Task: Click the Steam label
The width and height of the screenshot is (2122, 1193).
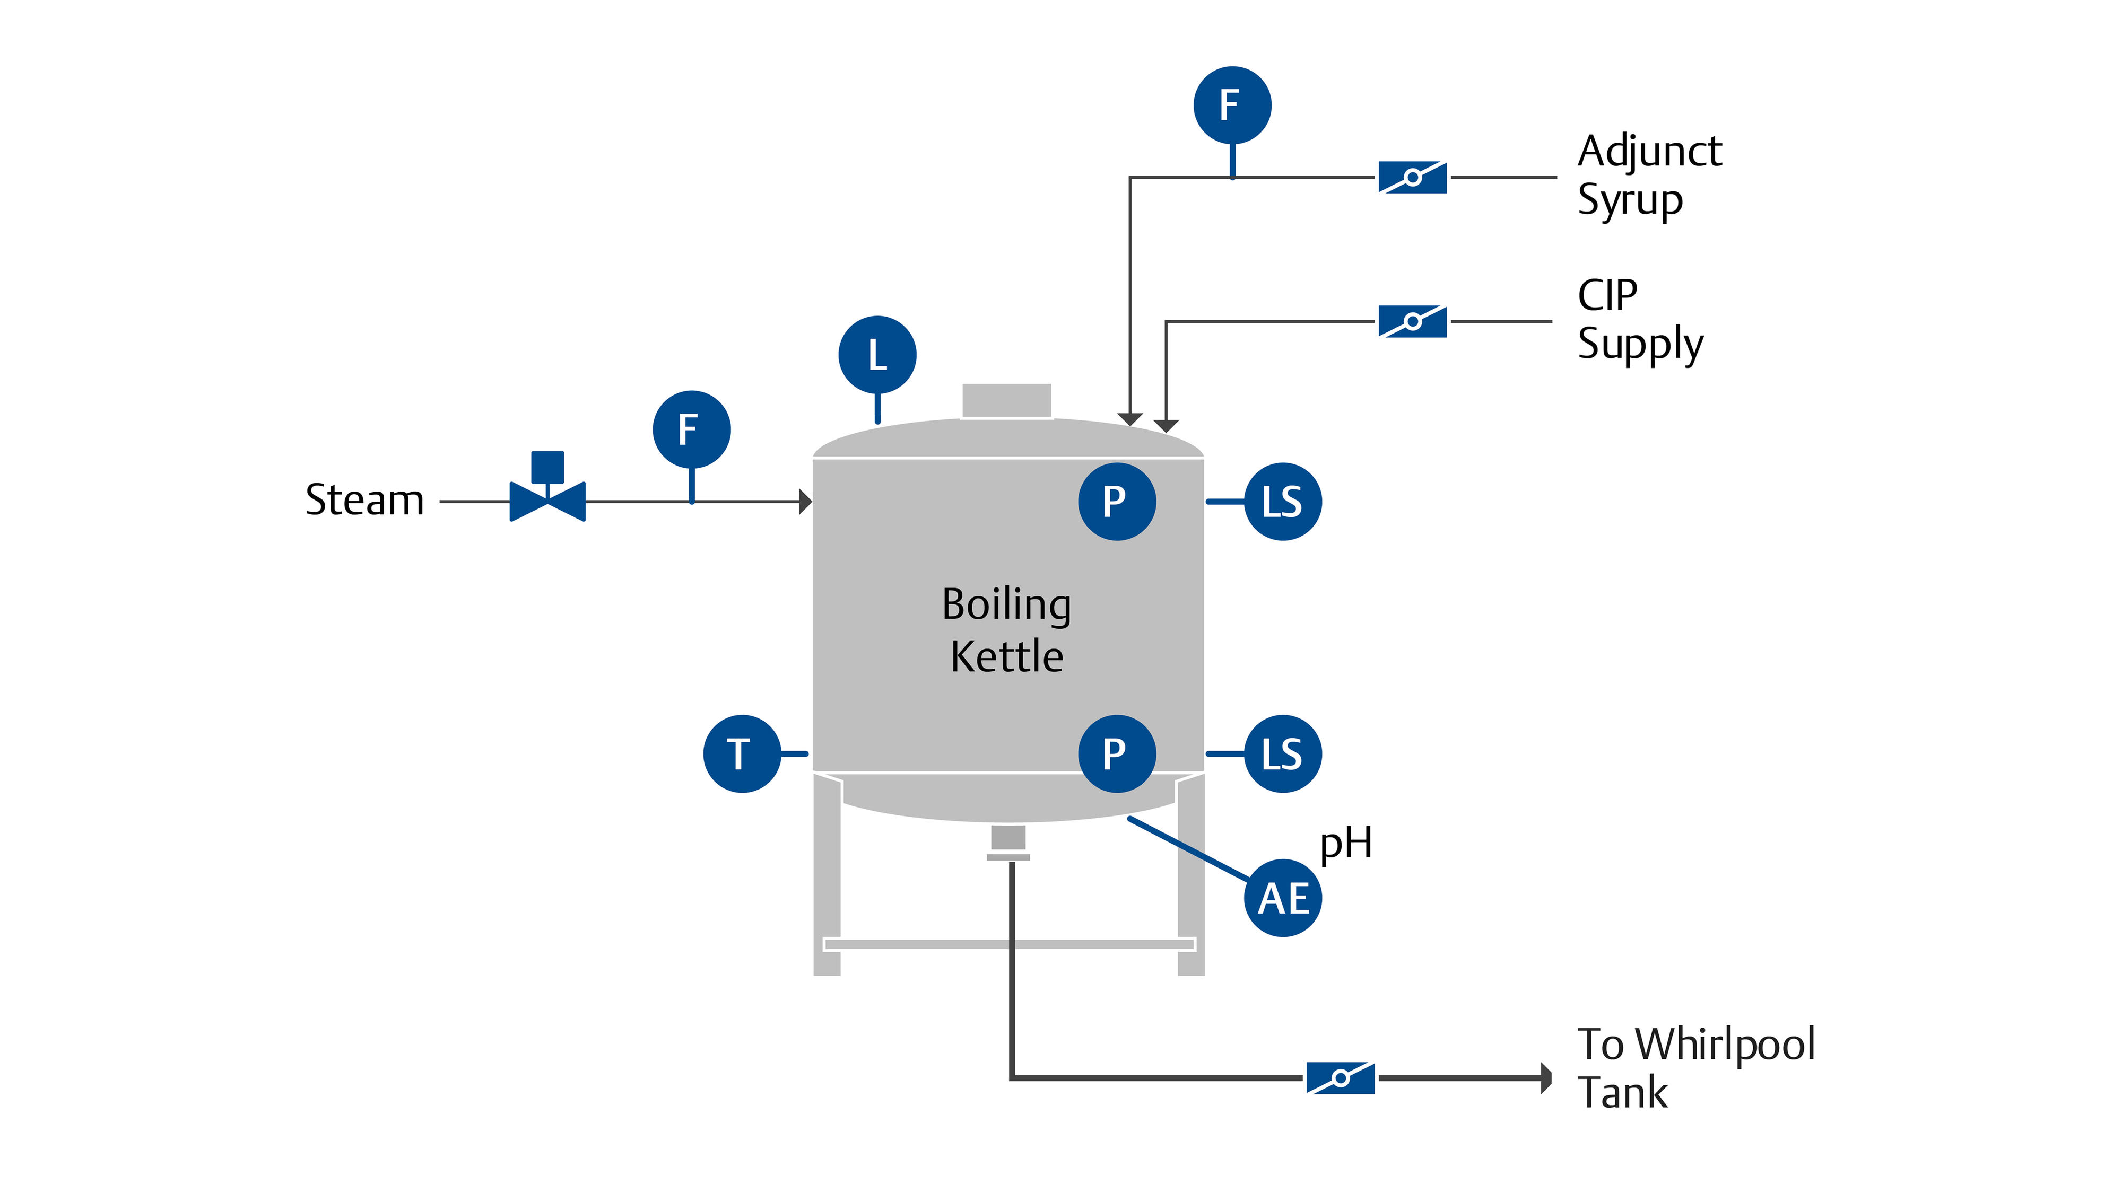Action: [364, 500]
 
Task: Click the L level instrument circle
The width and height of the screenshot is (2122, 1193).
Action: [877, 355]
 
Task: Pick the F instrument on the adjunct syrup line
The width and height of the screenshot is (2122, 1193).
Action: [1231, 106]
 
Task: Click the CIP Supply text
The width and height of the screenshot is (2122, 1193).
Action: [1639, 319]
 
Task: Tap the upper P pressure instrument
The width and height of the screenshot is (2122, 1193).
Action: [1116, 502]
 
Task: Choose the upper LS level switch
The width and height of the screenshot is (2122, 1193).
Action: [1282, 502]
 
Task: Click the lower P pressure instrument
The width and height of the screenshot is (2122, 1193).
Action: [1116, 753]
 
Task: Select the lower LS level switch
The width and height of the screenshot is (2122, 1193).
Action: [1282, 753]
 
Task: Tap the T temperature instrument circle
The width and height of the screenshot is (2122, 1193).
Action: [742, 753]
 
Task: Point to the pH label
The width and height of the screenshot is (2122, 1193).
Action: [1345, 843]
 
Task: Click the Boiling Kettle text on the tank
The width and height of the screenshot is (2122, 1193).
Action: [1007, 630]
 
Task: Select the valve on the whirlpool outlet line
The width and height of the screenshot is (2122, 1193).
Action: [1340, 1078]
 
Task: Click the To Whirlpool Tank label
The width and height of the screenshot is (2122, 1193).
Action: [1695, 1068]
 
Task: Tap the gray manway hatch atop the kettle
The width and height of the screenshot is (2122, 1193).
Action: [1007, 400]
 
